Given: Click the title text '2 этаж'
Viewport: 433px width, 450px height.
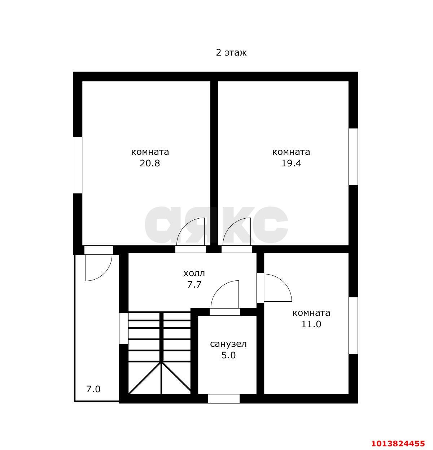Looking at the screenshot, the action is point(231,53).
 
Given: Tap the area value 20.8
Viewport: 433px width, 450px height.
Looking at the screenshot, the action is point(150,163).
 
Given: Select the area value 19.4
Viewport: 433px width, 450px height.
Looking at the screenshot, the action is point(291,163).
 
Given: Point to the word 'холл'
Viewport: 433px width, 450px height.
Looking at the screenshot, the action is point(194,273).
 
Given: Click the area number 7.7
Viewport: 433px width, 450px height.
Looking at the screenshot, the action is point(194,285).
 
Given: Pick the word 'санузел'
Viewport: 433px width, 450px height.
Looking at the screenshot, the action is point(228,344).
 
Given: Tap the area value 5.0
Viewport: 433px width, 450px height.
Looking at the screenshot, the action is point(228,355).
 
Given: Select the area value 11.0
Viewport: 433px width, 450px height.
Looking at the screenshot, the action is point(311,324).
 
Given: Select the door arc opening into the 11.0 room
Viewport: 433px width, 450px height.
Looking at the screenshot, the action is point(285,283).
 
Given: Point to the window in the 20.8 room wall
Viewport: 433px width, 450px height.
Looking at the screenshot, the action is point(78,165).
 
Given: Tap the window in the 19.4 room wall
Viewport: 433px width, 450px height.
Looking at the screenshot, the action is point(353,157).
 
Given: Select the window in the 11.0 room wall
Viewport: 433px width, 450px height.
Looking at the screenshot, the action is point(353,326).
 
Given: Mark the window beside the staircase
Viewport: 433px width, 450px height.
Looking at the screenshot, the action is point(124,329).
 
